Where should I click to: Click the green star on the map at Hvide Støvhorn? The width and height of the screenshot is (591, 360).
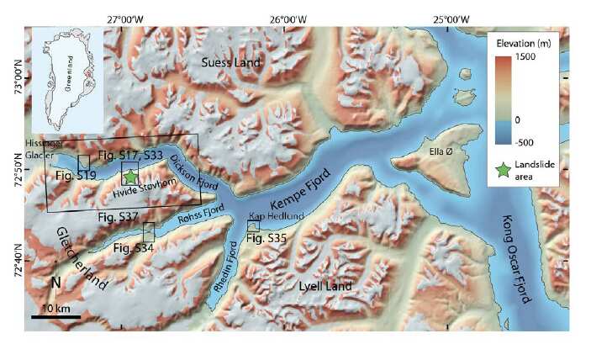coord(130,176)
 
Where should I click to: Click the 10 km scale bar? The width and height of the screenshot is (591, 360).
coord(56,316)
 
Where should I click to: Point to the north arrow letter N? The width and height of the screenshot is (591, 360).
coord(55,283)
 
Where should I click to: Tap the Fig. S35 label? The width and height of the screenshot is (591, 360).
coord(267,240)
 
